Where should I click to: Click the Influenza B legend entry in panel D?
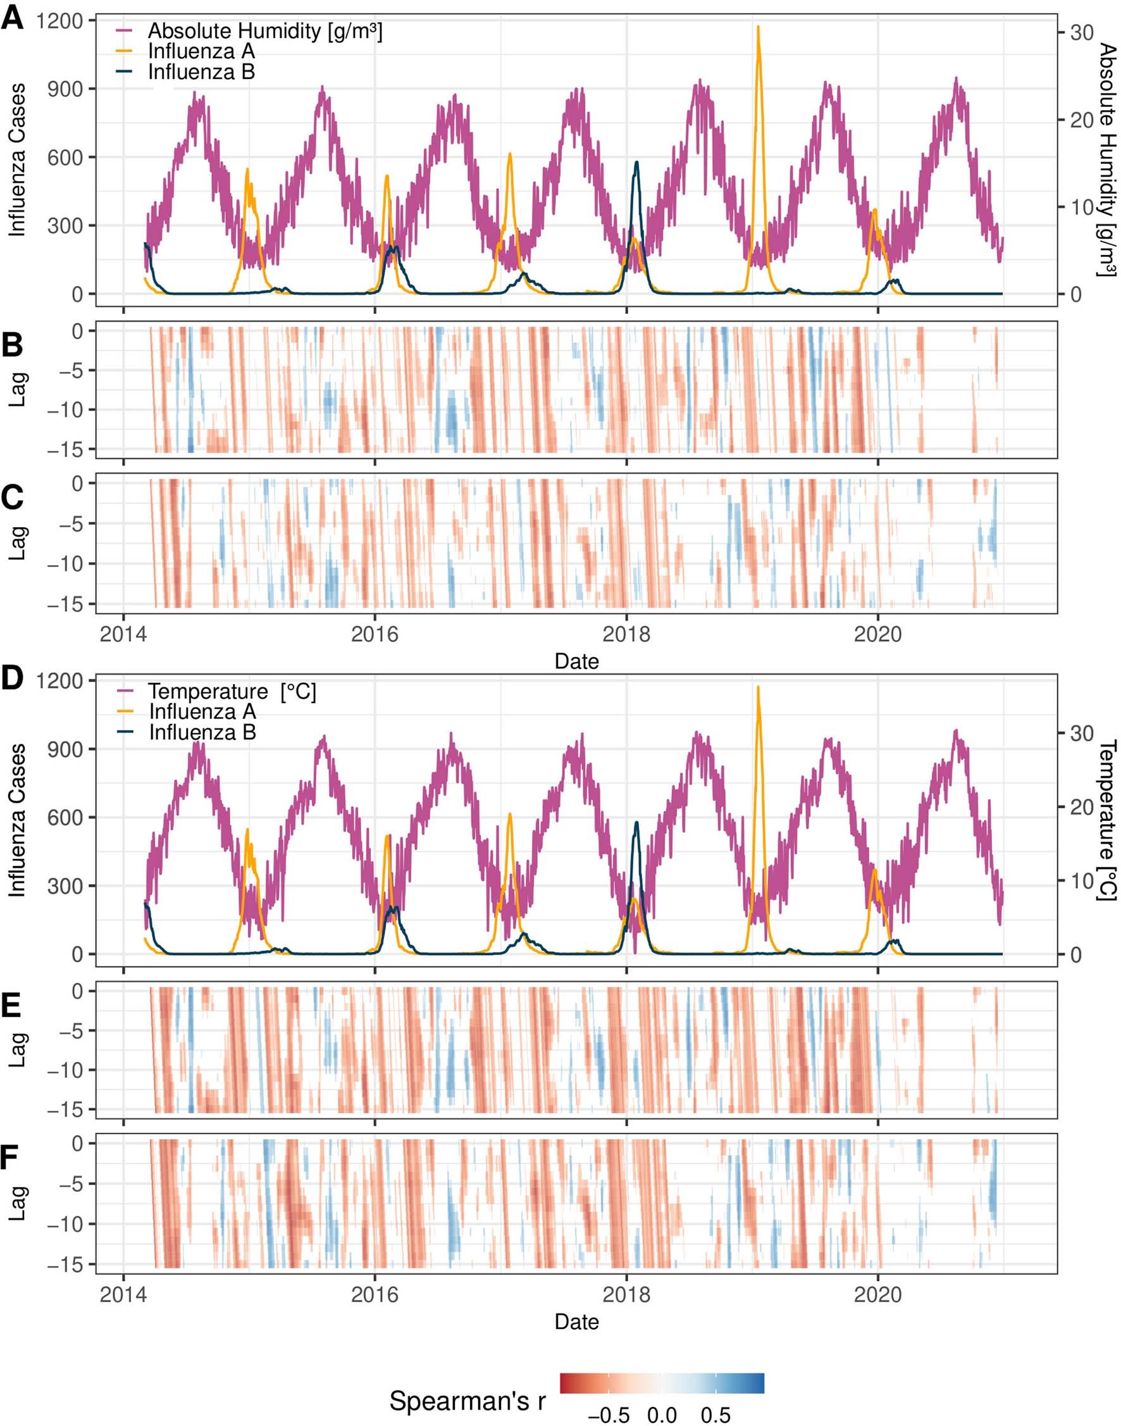pos(202,732)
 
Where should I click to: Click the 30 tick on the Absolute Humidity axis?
pos(1081,33)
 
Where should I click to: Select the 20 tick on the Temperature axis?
pos(1081,808)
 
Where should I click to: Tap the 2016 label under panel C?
pos(374,634)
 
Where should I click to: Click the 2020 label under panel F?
pos(877,1295)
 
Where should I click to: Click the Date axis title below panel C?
pos(576,661)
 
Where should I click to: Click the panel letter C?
pos(13,498)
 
